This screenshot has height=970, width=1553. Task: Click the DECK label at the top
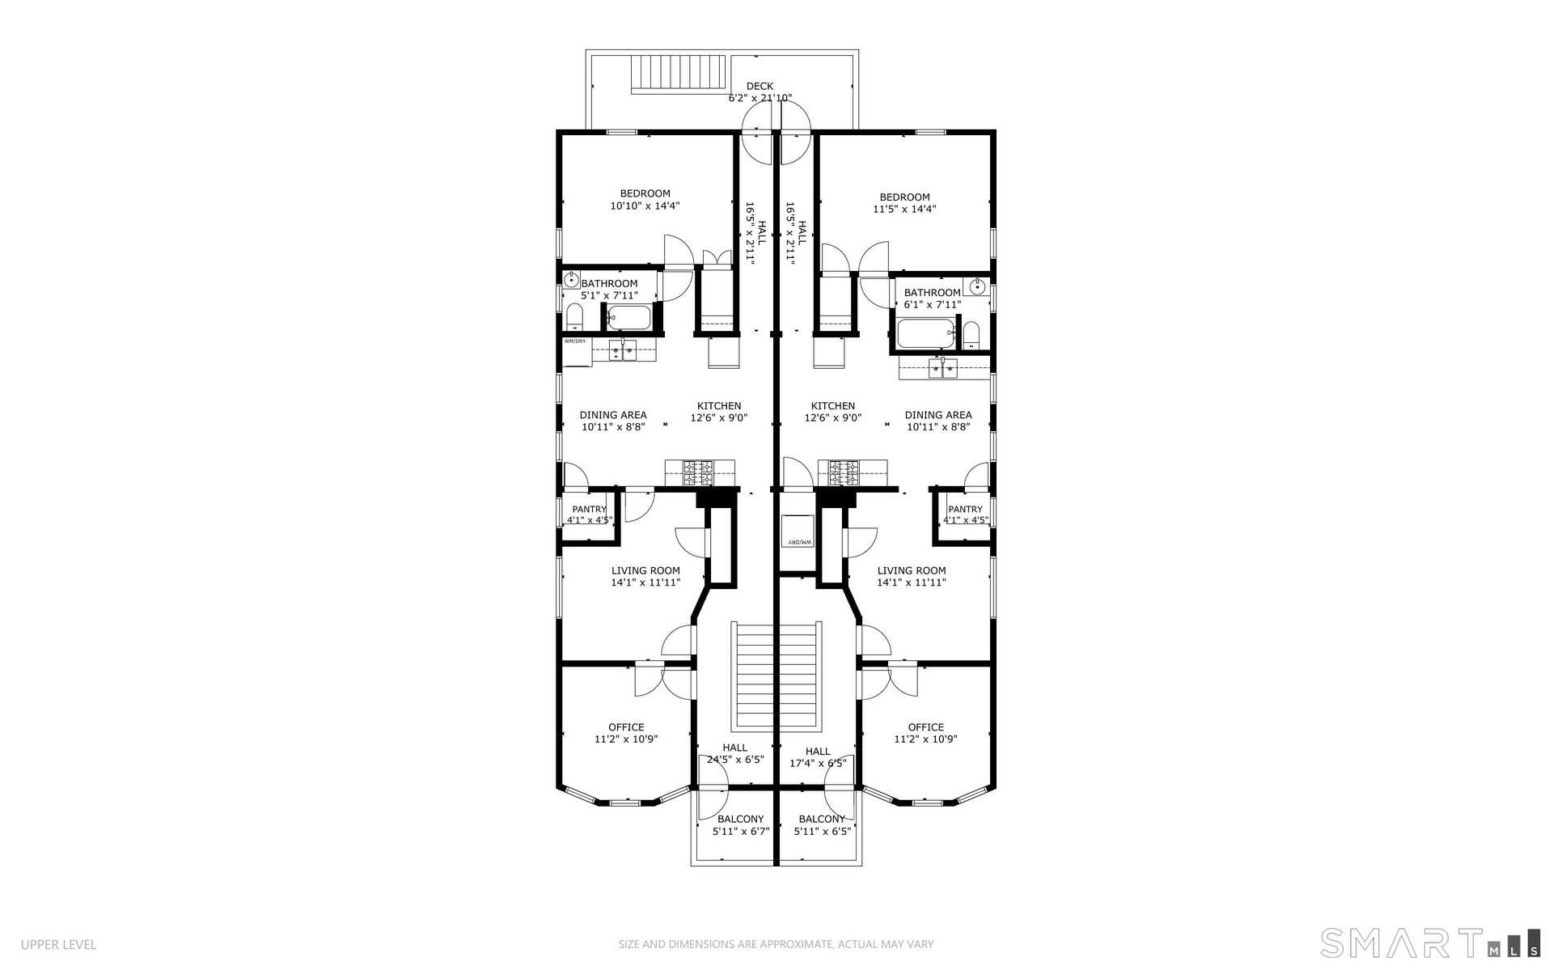click(760, 86)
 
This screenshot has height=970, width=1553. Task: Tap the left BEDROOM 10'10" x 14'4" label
click(645, 200)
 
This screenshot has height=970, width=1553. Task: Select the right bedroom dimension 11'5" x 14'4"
click(904, 209)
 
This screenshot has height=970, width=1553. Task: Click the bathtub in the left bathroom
click(629, 318)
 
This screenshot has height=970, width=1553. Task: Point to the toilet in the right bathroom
click(971, 336)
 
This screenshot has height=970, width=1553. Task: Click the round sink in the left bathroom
click(571, 281)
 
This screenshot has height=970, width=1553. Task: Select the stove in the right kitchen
click(842, 472)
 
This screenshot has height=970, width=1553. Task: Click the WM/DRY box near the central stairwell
click(797, 531)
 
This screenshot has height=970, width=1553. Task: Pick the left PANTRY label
click(589, 509)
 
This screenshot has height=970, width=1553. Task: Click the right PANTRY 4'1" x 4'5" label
click(965, 515)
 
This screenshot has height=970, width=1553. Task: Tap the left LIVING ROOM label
click(645, 570)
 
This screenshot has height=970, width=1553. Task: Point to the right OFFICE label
click(926, 727)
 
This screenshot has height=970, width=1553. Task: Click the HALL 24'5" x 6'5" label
click(735, 754)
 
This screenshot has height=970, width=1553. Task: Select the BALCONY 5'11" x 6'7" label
click(740, 825)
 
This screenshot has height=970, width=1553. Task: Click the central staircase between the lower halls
click(776, 676)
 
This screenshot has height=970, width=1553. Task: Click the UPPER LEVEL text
click(58, 945)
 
